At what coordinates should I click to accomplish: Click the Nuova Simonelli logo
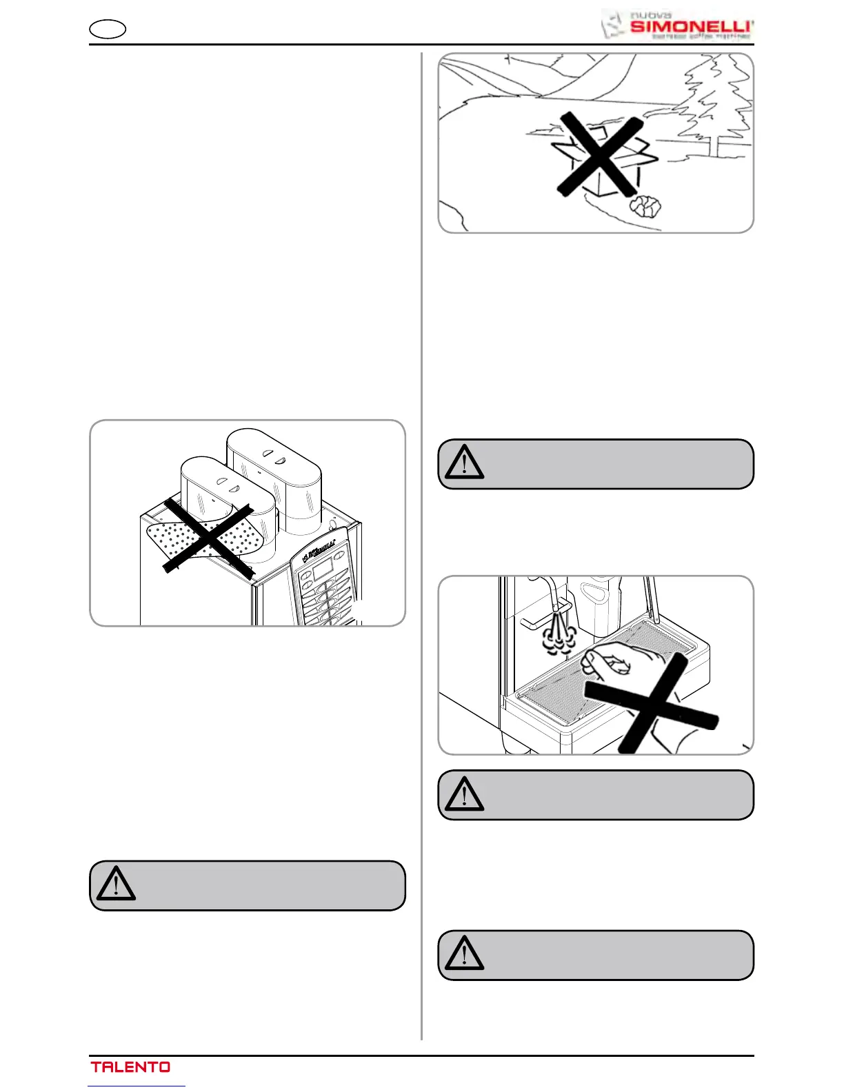pyautogui.click(x=677, y=26)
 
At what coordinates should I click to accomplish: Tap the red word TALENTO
pyautogui.click(x=130, y=1066)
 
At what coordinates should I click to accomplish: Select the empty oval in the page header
pyautogui.click(x=108, y=30)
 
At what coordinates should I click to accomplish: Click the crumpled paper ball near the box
pyautogui.click(x=646, y=205)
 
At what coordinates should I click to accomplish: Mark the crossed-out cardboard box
pyautogui.click(x=599, y=156)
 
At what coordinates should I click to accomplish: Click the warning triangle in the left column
pyautogui.click(x=116, y=884)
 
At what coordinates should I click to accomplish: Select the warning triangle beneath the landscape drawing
pyautogui.click(x=464, y=463)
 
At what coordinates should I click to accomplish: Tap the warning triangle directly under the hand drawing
pyautogui.click(x=464, y=793)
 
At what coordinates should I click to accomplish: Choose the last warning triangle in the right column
pyautogui.click(x=464, y=953)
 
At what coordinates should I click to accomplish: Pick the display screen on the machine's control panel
pyautogui.click(x=323, y=569)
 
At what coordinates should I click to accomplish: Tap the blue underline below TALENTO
pyautogui.click(x=137, y=1086)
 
